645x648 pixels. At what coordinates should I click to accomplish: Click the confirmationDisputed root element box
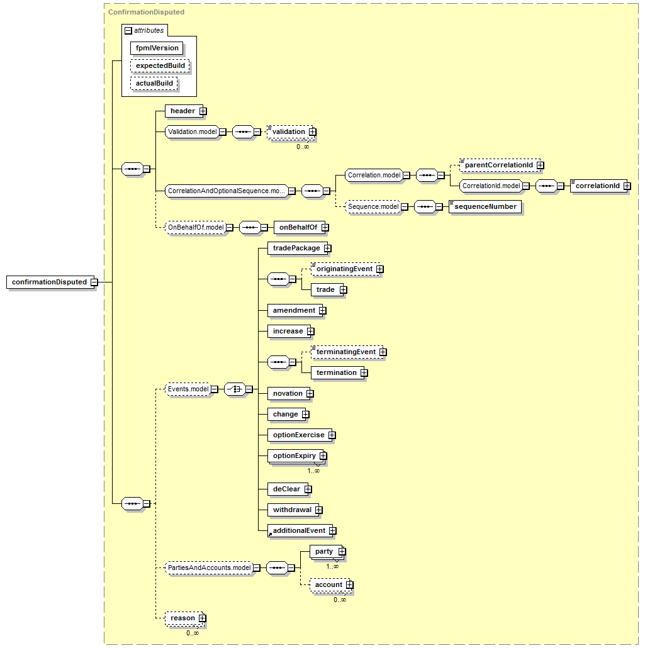(x=50, y=282)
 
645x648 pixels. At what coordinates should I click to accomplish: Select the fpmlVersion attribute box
(x=157, y=48)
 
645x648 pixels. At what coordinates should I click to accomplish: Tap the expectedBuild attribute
(x=160, y=65)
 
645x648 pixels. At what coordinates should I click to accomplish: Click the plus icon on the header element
(x=203, y=111)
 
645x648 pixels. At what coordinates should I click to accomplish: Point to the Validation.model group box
(x=193, y=132)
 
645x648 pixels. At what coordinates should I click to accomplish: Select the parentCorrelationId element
(x=500, y=165)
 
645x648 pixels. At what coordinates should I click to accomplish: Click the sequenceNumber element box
(x=485, y=206)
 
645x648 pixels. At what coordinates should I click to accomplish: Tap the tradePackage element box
(x=298, y=248)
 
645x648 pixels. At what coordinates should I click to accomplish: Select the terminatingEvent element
(x=347, y=352)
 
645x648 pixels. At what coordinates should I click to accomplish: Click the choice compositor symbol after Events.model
(x=235, y=389)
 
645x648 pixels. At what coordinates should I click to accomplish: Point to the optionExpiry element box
(x=296, y=456)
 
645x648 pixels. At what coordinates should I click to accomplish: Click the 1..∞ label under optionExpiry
(x=313, y=471)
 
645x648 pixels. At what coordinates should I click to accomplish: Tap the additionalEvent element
(x=300, y=530)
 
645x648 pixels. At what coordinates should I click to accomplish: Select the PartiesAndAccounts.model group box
(x=209, y=568)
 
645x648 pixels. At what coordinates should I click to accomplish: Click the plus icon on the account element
(x=350, y=584)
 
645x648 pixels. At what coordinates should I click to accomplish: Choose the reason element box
(x=184, y=618)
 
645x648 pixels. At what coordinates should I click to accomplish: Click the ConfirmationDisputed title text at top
(x=147, y=12)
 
